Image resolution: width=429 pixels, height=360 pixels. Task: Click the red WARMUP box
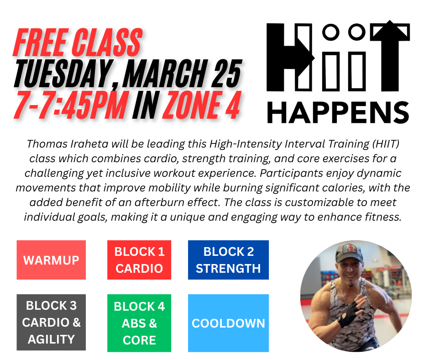tap(51, 260)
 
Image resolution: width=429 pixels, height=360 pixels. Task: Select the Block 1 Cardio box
tap(139, 260)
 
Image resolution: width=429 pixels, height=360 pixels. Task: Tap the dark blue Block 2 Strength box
tap(228, 260)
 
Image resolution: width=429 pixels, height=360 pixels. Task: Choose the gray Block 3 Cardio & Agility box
tap(51, 322)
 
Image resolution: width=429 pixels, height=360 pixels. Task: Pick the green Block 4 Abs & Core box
tap(139, 323)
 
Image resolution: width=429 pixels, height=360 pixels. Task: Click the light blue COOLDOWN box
tap(228, 323)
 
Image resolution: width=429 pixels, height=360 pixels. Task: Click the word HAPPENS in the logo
tap(338, 112)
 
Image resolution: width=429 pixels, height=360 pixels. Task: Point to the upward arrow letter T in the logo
tap(390, 55)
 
